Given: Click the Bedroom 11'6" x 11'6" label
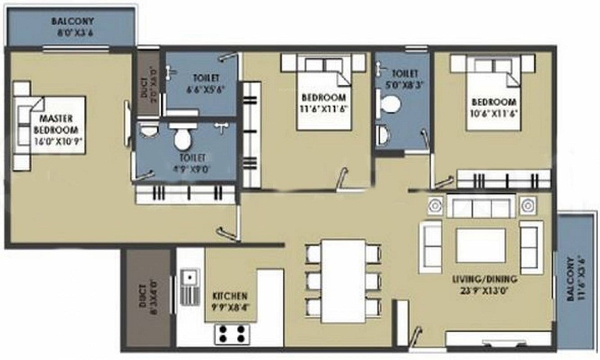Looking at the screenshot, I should (x=324, y=103).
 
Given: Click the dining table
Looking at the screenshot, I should (x=343, y=281).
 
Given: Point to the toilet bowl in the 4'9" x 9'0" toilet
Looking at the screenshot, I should (x=182, y=139).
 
